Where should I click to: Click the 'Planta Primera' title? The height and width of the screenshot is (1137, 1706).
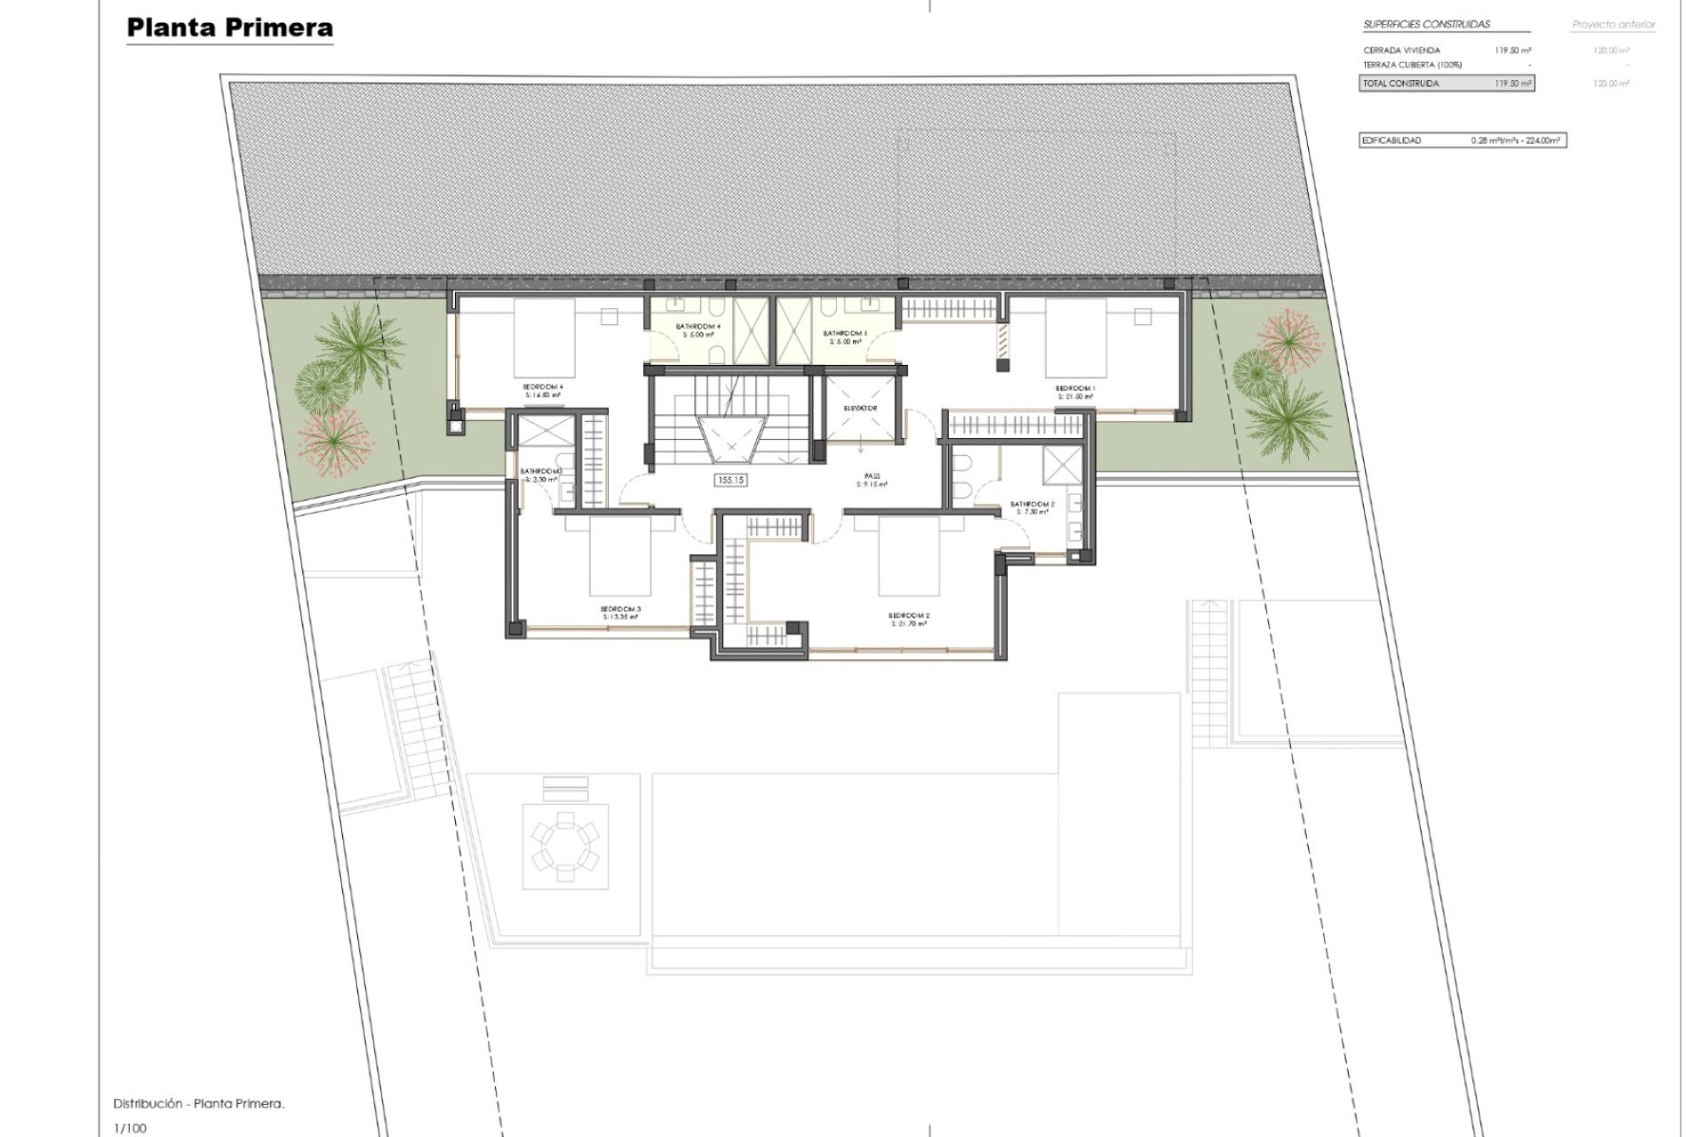click(x=229, y=28)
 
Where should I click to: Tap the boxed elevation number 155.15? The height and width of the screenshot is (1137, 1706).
click(x=730, y=480)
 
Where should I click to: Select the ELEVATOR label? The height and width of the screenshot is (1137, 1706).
click(x=860, y=409)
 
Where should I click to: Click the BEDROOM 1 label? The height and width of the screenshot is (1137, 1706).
click(x=1075, y=388)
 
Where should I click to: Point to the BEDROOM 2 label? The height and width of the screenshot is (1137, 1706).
click(x=909, y=616)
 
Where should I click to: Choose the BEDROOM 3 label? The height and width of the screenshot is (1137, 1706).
click(x=620, y=609)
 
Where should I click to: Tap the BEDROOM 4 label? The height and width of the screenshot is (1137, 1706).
click(x=543, y=386)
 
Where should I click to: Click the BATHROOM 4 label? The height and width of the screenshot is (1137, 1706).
click(x=698, y=327)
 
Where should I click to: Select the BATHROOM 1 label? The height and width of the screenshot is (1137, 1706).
click(x=845, y=333)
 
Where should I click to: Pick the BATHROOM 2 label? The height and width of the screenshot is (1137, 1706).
click(x=1032, y=505)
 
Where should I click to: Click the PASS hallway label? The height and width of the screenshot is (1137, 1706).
click(x=872, y=476)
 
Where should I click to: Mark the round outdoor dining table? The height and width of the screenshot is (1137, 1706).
click(x=565, y=846)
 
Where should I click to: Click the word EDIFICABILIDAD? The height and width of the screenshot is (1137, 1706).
click(x=1392, y=140)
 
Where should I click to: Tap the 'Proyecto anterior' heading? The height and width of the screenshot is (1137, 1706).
click(x=1614, y=25)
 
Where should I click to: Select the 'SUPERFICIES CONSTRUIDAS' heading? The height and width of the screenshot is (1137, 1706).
click(x=1426, y=25)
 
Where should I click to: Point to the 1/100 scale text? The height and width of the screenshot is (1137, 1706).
click(x=131, y=1128)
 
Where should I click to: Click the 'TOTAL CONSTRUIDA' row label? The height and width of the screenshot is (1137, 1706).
click(x=1401, y=83)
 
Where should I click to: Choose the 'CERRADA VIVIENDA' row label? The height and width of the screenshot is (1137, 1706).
click(x=1401, y=51)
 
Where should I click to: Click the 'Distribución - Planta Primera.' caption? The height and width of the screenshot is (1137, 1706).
click(x=199, y=1104)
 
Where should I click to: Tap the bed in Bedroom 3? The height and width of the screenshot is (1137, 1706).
click(x=620, y=558)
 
